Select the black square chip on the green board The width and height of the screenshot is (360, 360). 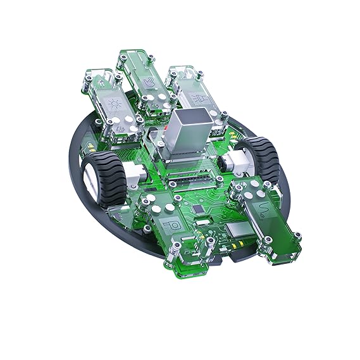(x=200, y=208)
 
